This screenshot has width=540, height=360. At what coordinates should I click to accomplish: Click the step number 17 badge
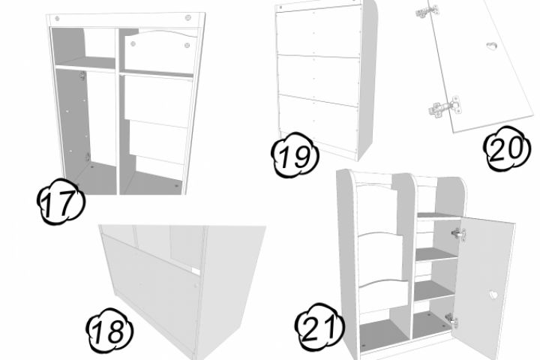point(61,201)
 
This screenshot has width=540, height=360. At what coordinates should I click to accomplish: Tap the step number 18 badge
point(109,331)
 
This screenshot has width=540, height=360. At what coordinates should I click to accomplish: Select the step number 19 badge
point(295,155)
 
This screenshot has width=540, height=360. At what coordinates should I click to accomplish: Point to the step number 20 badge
point(506,148)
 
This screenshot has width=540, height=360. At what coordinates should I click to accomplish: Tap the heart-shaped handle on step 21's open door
point(493,295)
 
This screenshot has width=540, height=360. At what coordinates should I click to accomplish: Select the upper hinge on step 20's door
point(427,11)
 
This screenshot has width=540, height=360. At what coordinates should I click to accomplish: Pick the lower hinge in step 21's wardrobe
point(451,319)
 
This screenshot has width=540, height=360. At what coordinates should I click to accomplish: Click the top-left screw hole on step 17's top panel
point(57,18)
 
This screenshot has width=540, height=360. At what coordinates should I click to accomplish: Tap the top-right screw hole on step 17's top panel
point(187,17)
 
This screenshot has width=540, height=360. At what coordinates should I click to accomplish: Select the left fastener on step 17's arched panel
point(133,43)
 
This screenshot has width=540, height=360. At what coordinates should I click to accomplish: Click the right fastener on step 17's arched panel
point(187,45)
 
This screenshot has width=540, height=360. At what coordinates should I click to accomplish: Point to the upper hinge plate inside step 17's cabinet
point(82,76)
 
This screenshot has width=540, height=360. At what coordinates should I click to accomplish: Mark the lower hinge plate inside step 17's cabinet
point(88,157)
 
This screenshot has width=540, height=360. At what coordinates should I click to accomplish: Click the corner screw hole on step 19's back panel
point(280,7)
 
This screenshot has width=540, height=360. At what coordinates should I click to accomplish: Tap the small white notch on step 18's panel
point(196,271)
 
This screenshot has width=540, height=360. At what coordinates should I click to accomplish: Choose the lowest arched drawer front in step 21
point(383,296)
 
